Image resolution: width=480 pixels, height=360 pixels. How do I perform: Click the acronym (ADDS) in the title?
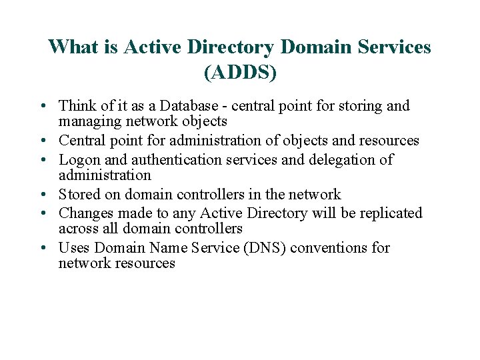tap(240, 72)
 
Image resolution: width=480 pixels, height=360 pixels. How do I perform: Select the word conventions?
tap(331, 248)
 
